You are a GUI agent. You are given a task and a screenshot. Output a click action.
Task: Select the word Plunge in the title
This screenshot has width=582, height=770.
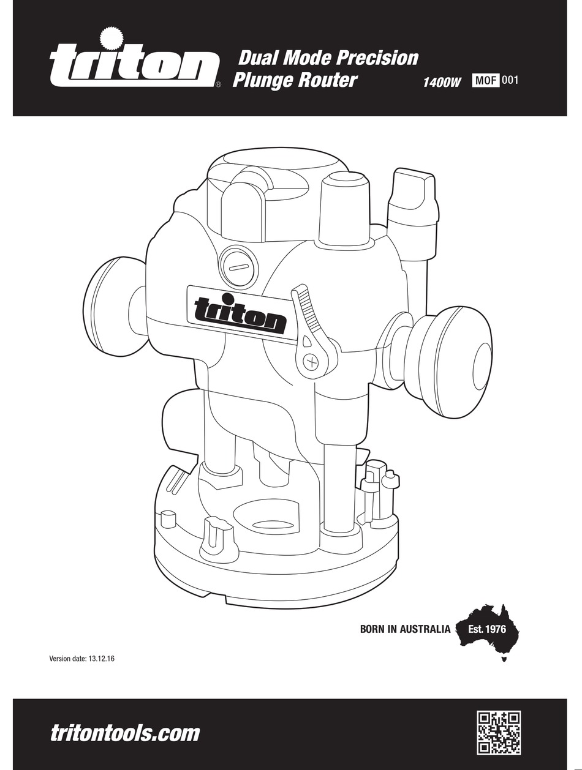pos(264,81)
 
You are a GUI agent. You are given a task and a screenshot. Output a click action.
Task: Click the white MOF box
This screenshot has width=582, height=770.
pos(485,80)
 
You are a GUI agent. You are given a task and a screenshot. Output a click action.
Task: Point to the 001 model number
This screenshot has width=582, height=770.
pos(510,80)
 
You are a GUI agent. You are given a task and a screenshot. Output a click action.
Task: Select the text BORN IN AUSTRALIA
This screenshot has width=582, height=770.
pos(405,629)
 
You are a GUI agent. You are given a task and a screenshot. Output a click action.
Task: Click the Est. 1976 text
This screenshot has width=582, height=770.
pos(487,629)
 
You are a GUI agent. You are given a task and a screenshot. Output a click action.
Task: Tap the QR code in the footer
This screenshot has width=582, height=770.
pos(499,732)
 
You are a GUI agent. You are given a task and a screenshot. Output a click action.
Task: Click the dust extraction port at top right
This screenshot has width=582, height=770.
pos(415,196)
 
